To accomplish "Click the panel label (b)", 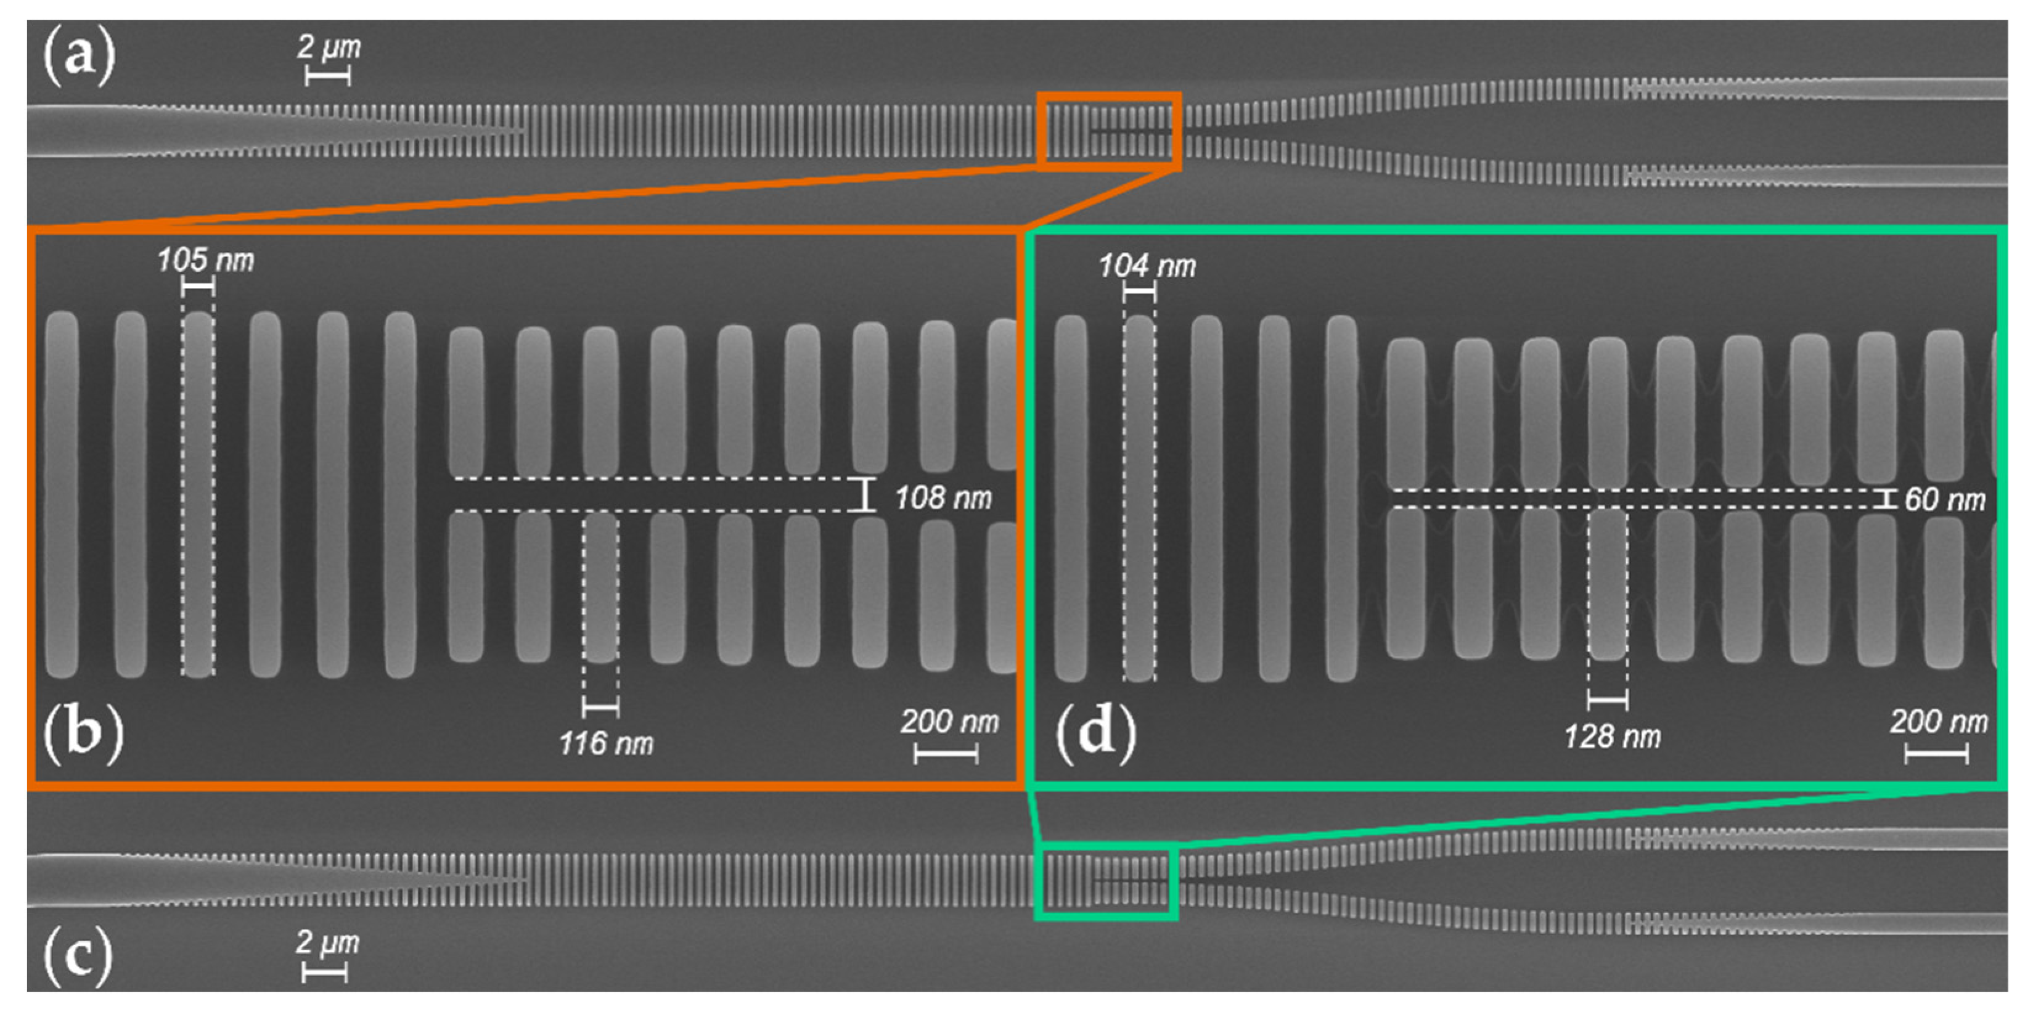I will (x=83, y=732).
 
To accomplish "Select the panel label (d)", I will (x=1095, y=732).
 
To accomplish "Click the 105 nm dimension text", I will (x=205, y=259).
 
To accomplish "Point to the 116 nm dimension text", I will (x=605, y=743).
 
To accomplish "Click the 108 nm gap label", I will (x=943, y=497).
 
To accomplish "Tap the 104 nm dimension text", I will (x=1147, y=266).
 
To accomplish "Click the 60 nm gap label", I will (x=1944, y=500).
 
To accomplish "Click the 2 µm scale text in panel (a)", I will (x=329, y=47).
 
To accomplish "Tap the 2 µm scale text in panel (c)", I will (x=327, y=942).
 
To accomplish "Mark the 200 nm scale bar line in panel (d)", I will (x=1936, y=755).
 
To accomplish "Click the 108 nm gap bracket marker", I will (x=865, y=495).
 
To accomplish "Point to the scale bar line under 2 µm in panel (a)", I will (x=327, y=76).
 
